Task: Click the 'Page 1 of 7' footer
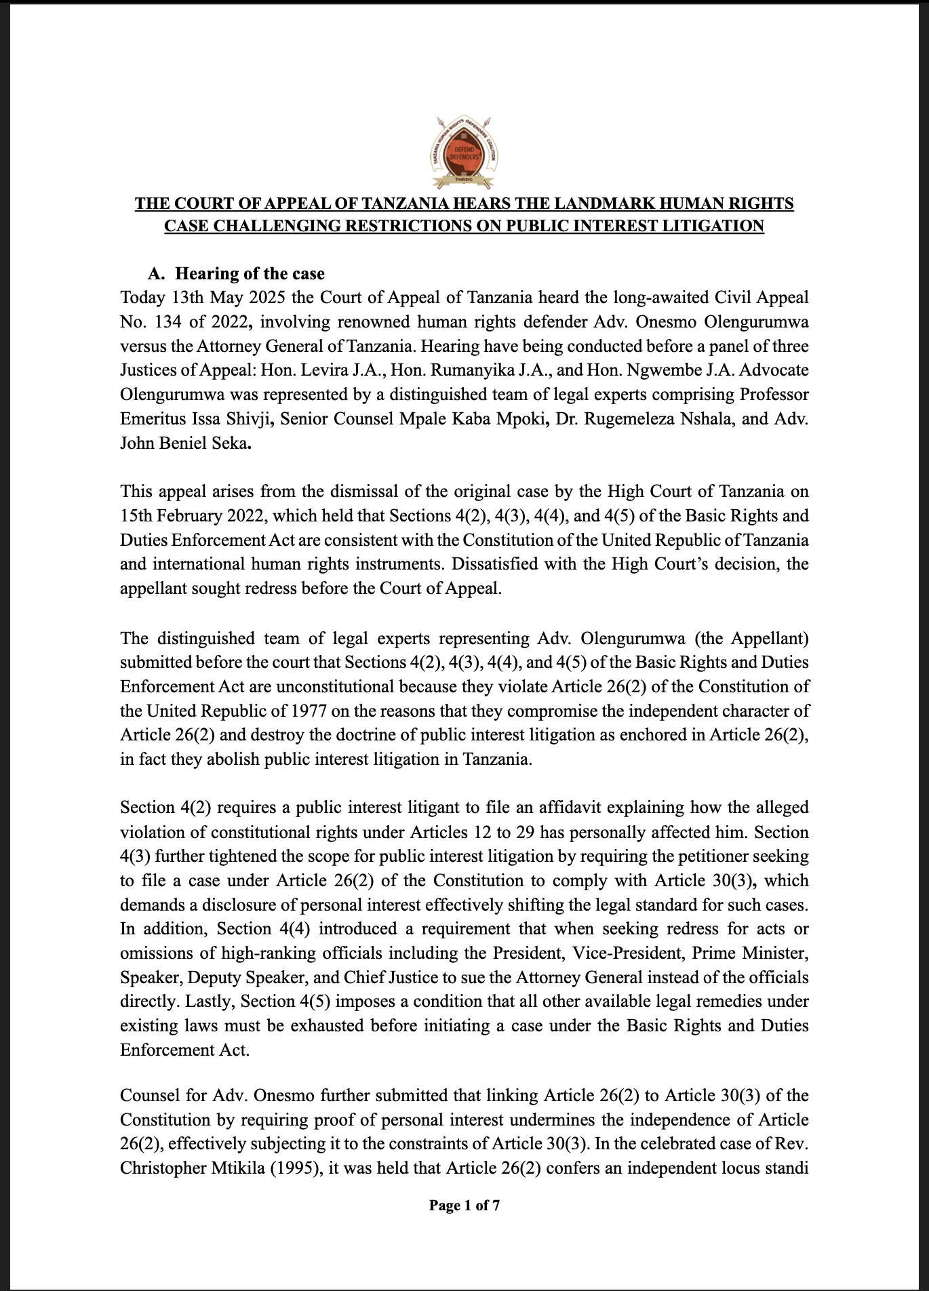(464, 1205)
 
